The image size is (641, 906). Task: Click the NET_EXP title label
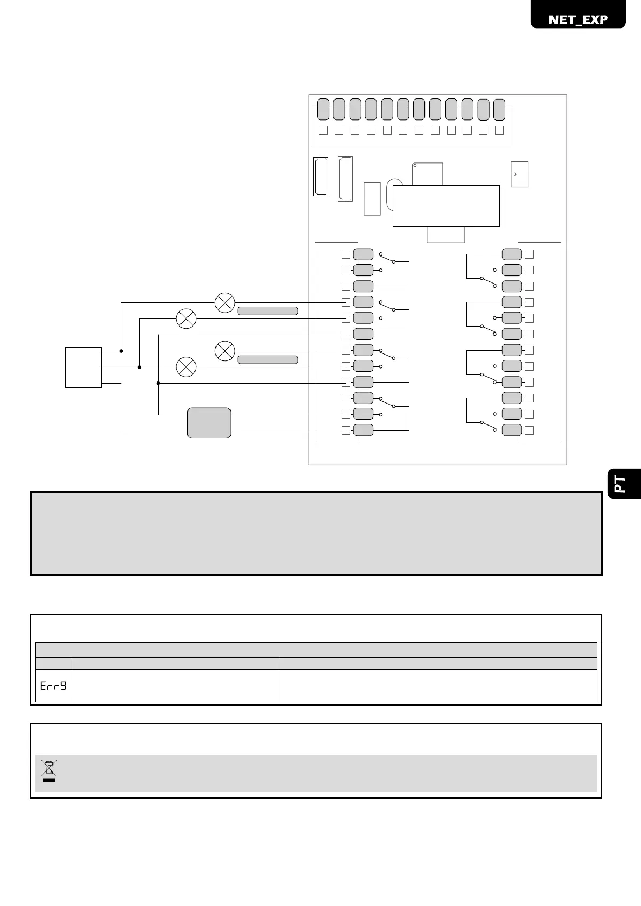click(578, 19)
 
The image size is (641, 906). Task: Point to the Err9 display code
click(53, 685)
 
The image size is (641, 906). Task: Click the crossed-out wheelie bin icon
click(49, 770)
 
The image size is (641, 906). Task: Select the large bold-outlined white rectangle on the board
click(446, 206)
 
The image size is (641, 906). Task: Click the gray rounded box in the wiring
click(209, 423)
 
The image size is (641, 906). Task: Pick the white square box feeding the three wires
click(83, 367)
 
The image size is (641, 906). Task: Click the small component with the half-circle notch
click(519, 174)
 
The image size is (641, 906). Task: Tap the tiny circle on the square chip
click(415, 165)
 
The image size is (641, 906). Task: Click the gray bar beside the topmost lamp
click(268, 310)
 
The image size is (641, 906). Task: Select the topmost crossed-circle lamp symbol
click(225, 303)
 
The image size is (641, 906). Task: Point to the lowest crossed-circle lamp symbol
click(186, 367)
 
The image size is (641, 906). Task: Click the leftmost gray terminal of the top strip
click(323, 109)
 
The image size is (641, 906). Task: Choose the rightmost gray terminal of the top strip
click(499, 109)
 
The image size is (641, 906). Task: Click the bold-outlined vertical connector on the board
click(320, 176)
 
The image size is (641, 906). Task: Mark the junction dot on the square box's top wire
click(121, 351)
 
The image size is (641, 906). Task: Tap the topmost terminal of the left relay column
click(363, 254)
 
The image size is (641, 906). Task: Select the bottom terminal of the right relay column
click(512, 430)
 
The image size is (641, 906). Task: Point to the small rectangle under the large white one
click(445, 235)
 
